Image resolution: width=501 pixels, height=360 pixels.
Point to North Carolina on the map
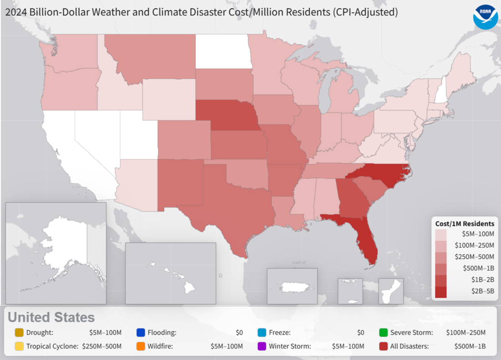[x=387, y=175]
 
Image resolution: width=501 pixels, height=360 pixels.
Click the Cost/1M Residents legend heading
[x=465, y=224]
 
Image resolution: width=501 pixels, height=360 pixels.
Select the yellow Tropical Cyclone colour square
[x=19, y=346]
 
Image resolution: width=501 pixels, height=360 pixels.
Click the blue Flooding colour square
[x=141, y=332]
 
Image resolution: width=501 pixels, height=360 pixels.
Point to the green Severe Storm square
[x=383, y=332]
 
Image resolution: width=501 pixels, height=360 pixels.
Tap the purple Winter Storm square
[x=262, y=346]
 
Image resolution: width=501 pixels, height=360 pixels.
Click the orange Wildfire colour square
[x=141, y=346]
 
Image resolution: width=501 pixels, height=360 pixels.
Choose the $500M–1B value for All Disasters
[x=470, y=346]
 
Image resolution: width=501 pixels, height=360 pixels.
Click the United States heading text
[x=51, y=317]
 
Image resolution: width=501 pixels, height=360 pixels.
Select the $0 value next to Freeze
[x=360, y=332]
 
